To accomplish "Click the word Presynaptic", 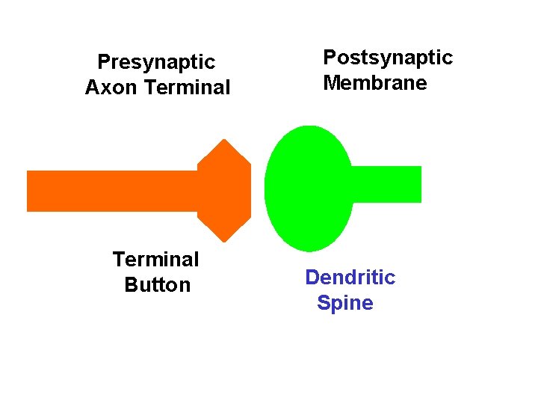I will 156,61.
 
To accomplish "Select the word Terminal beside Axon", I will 188,88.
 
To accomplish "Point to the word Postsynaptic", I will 388,58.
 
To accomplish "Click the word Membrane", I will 375,83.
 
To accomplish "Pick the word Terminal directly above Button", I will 155,260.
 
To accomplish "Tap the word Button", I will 158,285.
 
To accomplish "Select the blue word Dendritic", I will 350,278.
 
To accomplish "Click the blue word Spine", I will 345,303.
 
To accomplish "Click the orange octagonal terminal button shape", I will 224,191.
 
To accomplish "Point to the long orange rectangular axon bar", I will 112,191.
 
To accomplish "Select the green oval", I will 308,189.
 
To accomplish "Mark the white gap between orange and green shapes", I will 258,191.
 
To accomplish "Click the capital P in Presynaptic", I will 104,61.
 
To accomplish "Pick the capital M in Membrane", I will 331,83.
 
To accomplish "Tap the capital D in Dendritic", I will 313,278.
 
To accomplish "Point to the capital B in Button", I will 131,285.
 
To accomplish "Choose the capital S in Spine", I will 324,303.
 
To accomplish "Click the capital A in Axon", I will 93,88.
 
